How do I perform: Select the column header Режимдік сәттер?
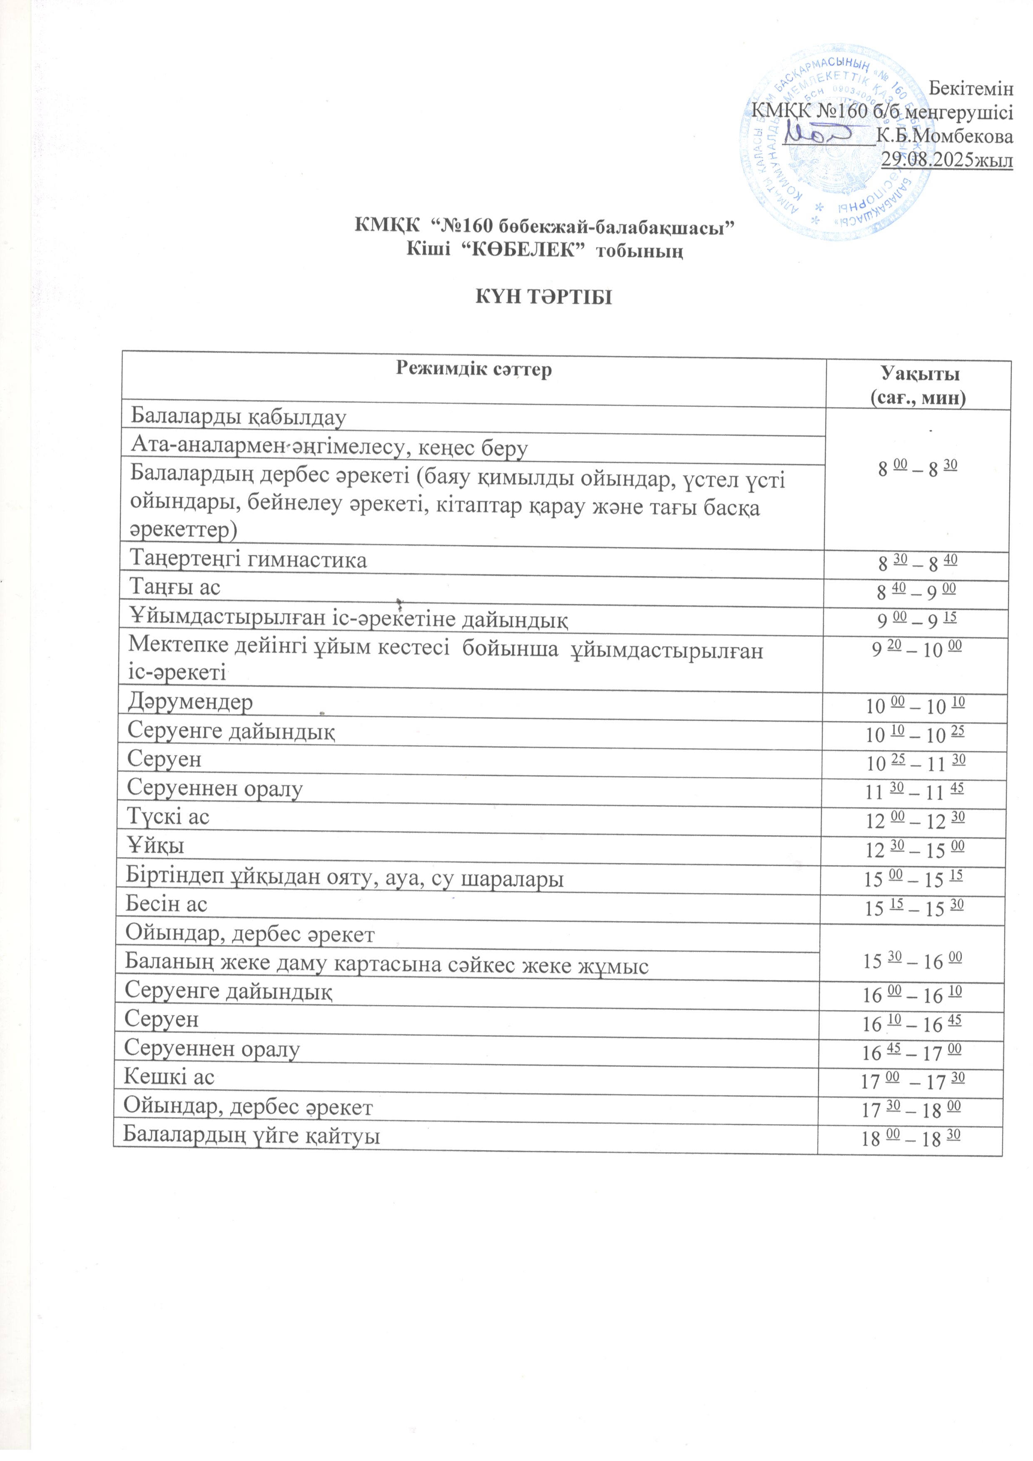[474, 369]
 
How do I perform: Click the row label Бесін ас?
[167, 904]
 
